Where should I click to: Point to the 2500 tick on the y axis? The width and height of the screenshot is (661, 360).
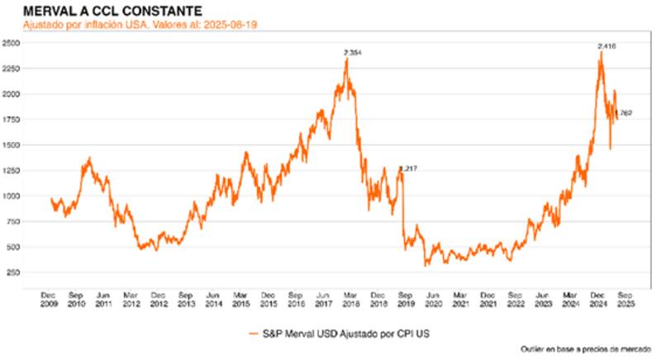point(12,43)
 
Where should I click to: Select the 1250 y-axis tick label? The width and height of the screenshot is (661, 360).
point(12,170)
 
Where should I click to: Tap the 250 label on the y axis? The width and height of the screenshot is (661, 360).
point(14,272)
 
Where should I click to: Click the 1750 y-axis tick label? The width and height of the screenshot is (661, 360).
point(12,120)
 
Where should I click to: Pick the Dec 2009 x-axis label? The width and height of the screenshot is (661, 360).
point(49,298)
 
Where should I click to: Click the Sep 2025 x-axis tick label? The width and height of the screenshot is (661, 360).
point(626,298)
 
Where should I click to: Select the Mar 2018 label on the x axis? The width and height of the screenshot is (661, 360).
point(350,298)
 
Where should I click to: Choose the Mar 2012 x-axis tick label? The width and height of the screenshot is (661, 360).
point(131,298)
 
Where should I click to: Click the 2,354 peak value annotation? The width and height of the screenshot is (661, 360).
point(352,53)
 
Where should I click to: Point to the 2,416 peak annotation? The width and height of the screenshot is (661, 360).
point(607,47)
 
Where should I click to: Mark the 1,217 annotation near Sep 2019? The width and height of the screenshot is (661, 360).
point(408,168)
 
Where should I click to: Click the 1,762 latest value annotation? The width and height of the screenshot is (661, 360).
point(624,113)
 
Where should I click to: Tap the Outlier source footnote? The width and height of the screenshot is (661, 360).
point(587,348)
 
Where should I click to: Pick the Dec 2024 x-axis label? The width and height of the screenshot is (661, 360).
point(598,298)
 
